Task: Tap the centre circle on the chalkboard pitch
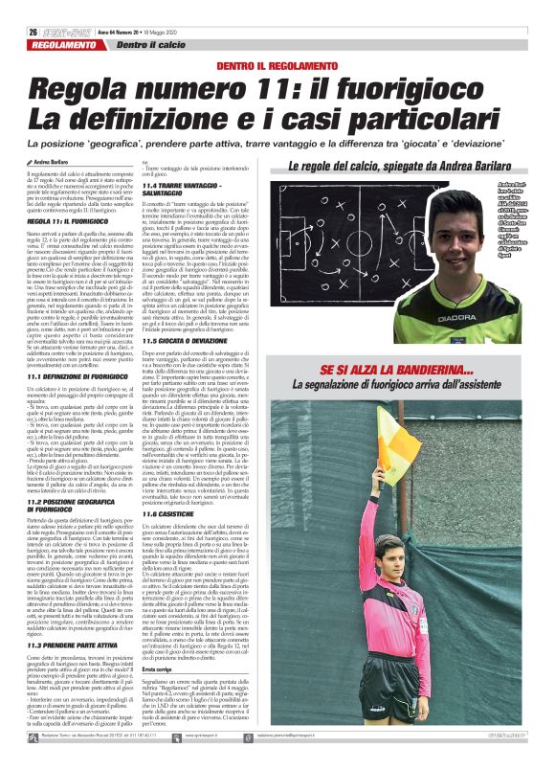tap(383, 249)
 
